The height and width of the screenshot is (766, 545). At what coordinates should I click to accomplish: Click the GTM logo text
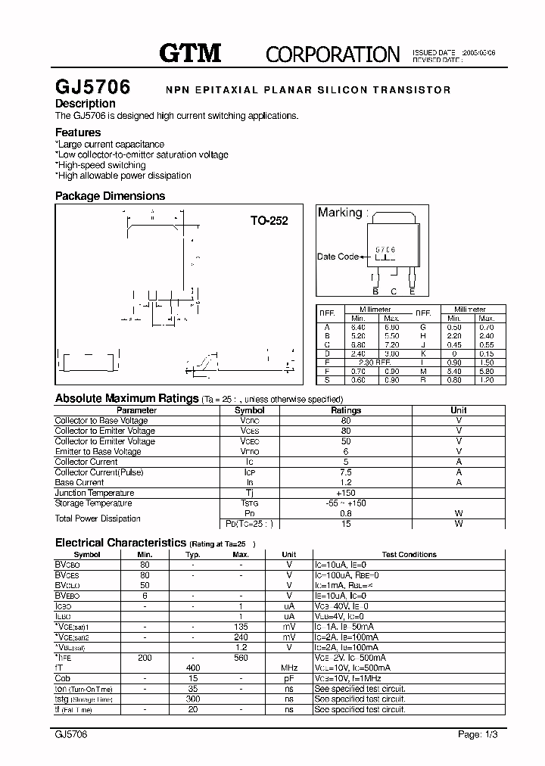click(x=190, y=52)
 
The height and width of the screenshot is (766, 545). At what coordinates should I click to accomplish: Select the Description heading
click(x=86, y=104)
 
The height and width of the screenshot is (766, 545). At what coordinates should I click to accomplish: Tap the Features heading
click(x=78, y=132)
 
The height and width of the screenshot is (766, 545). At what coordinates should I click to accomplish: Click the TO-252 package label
click(x=269, y=221)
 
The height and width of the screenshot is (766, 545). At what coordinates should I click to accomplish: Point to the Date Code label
click(x=338, y=257)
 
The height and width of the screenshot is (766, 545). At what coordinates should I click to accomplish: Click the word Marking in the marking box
click(x=340, y=213)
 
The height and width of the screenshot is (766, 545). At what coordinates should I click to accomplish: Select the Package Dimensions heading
click(x=110, y=196)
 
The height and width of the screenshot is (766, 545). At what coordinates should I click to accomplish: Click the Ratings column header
click(x=346, y=410)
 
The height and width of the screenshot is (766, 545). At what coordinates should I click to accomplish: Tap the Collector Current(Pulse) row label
click(x=99, y=472)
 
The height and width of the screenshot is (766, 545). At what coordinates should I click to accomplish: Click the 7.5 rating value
click(x=346, y=472)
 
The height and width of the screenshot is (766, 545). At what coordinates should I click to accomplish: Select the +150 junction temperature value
click(x=346, y=493)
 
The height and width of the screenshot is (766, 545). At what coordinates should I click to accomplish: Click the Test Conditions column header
click(x=410, y=555)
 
